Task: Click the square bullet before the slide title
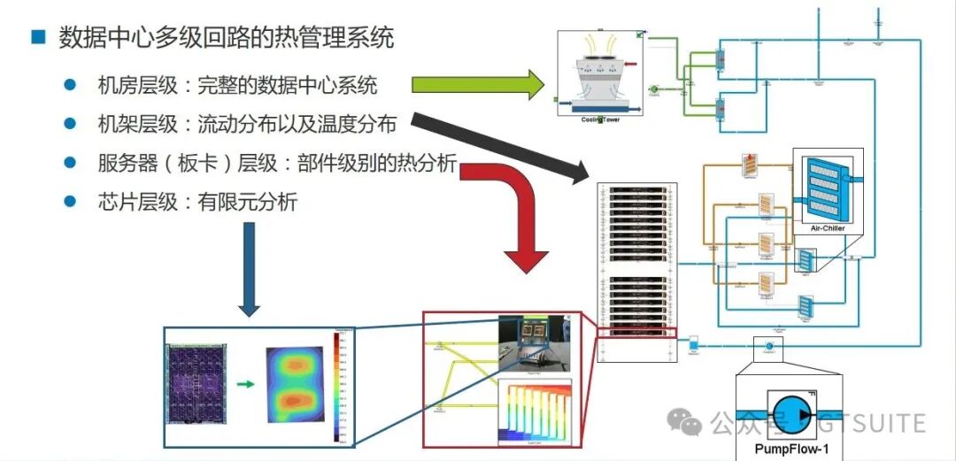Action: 37,37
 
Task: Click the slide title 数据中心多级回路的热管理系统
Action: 226,37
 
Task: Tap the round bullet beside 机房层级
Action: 69,85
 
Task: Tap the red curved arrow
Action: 522,212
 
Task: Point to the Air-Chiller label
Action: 828,228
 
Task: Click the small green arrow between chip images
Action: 246,384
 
